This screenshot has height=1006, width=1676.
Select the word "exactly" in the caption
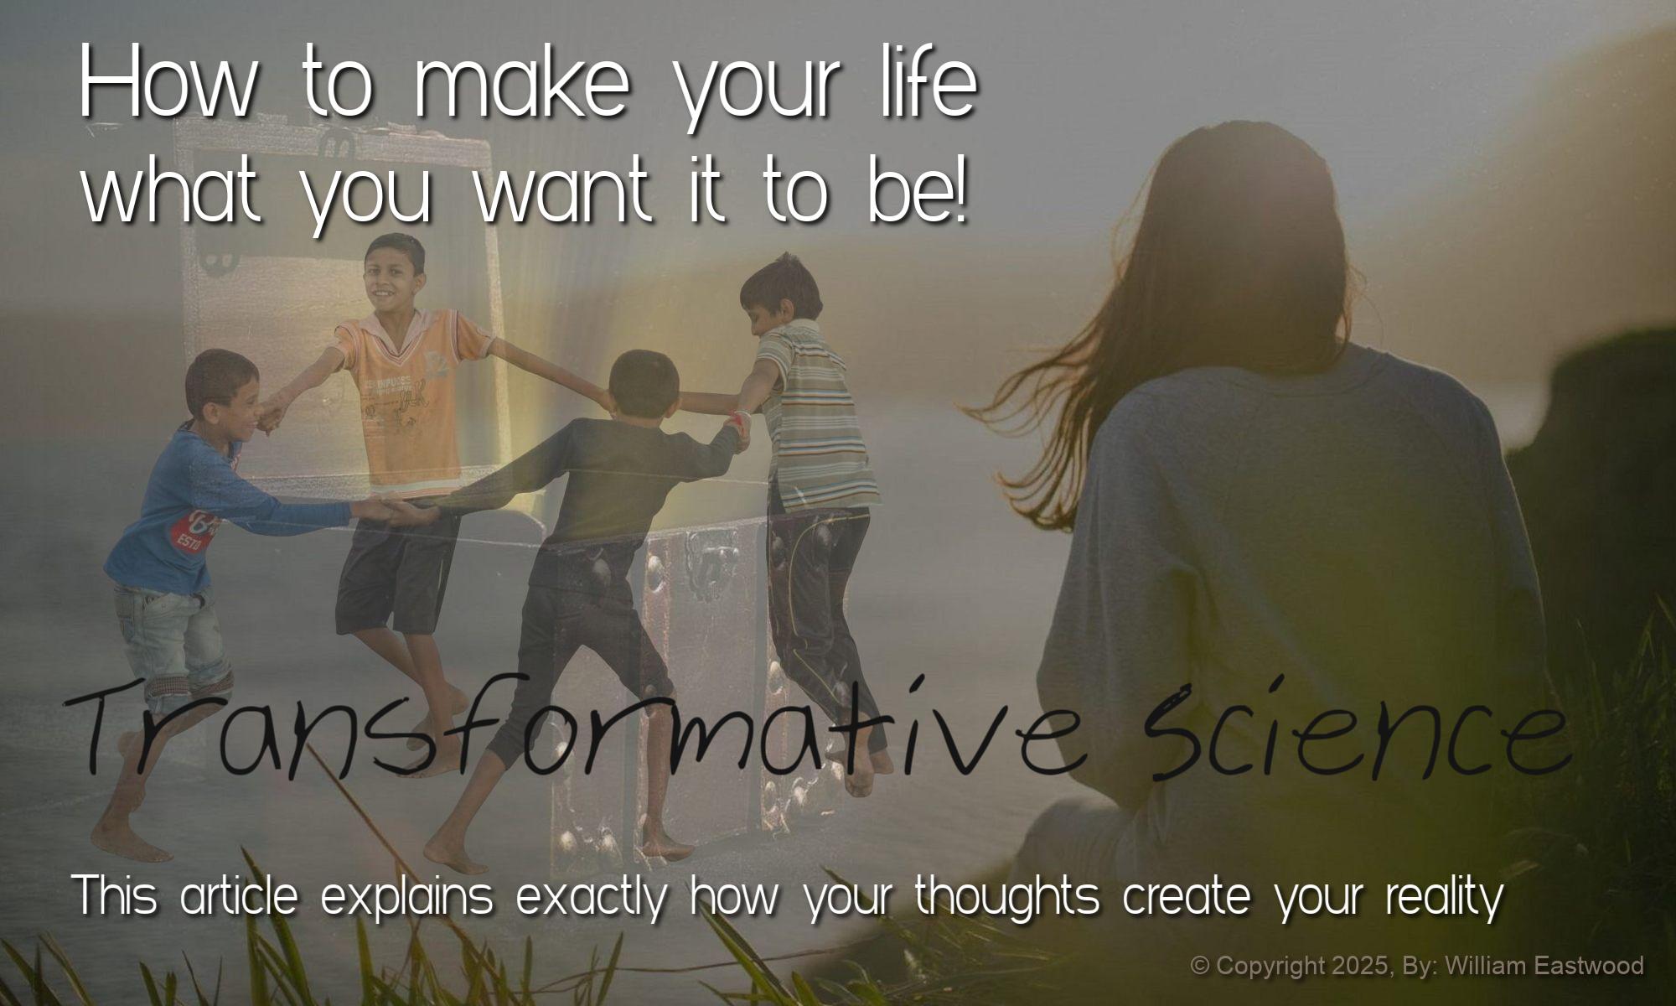coord(592,898)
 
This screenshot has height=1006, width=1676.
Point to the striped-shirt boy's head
coord(779,293)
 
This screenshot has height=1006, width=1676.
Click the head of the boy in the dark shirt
coord(644,386)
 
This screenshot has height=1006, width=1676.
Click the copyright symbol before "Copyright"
coord(1200,966)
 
